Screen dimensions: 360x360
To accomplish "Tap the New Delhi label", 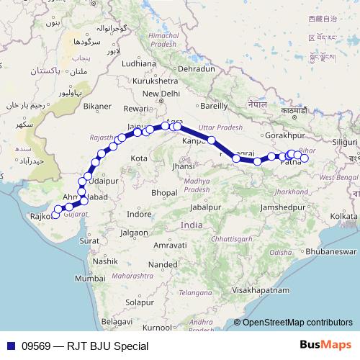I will [161, 94].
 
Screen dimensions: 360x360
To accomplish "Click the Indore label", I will [138, 215].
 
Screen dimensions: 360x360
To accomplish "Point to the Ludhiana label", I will [139, 63].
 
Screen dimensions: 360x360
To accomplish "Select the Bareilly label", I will [213, 106].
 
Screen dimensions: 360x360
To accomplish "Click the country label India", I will [192, 225].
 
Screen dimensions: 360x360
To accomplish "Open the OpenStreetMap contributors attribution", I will [297, 323].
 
